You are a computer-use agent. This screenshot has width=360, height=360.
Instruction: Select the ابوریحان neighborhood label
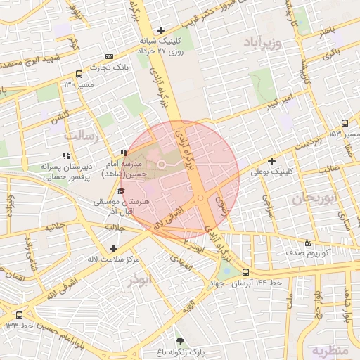tap(309, 199)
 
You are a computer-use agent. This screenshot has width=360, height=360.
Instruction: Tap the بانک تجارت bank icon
tap(109, 56)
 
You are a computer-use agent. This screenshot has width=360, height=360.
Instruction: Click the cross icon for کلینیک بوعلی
tap(271, 161)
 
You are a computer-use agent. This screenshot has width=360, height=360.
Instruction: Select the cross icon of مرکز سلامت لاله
tap(114, 247)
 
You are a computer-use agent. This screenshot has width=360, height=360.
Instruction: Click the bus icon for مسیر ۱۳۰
tap(79, 74)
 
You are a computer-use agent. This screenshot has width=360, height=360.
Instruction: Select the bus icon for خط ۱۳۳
tap(18, 316)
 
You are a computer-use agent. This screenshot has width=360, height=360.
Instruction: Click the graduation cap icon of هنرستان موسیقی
tap(121, 191)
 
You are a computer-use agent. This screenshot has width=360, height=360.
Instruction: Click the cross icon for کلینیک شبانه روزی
tap(161, 30)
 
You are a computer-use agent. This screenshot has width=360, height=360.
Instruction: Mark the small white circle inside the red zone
tap(161, 164)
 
